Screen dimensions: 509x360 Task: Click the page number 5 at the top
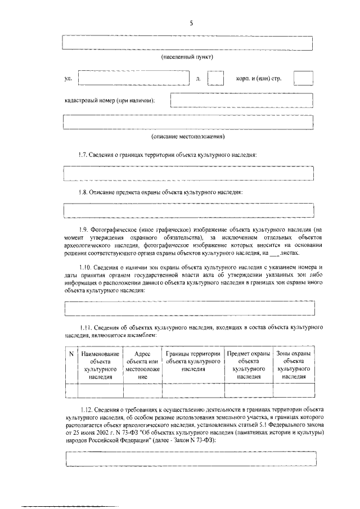click(x=191, y=23)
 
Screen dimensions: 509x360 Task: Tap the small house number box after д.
click(x=215, y=78)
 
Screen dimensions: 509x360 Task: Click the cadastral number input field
click(x=241, y=100)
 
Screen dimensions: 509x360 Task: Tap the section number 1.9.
click(x=84, y=229)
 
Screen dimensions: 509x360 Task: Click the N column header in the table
click(x=71, y=353)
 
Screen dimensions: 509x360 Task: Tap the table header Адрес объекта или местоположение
click(x=143, y=365)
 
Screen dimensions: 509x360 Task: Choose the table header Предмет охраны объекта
click(x=248, y=365)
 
